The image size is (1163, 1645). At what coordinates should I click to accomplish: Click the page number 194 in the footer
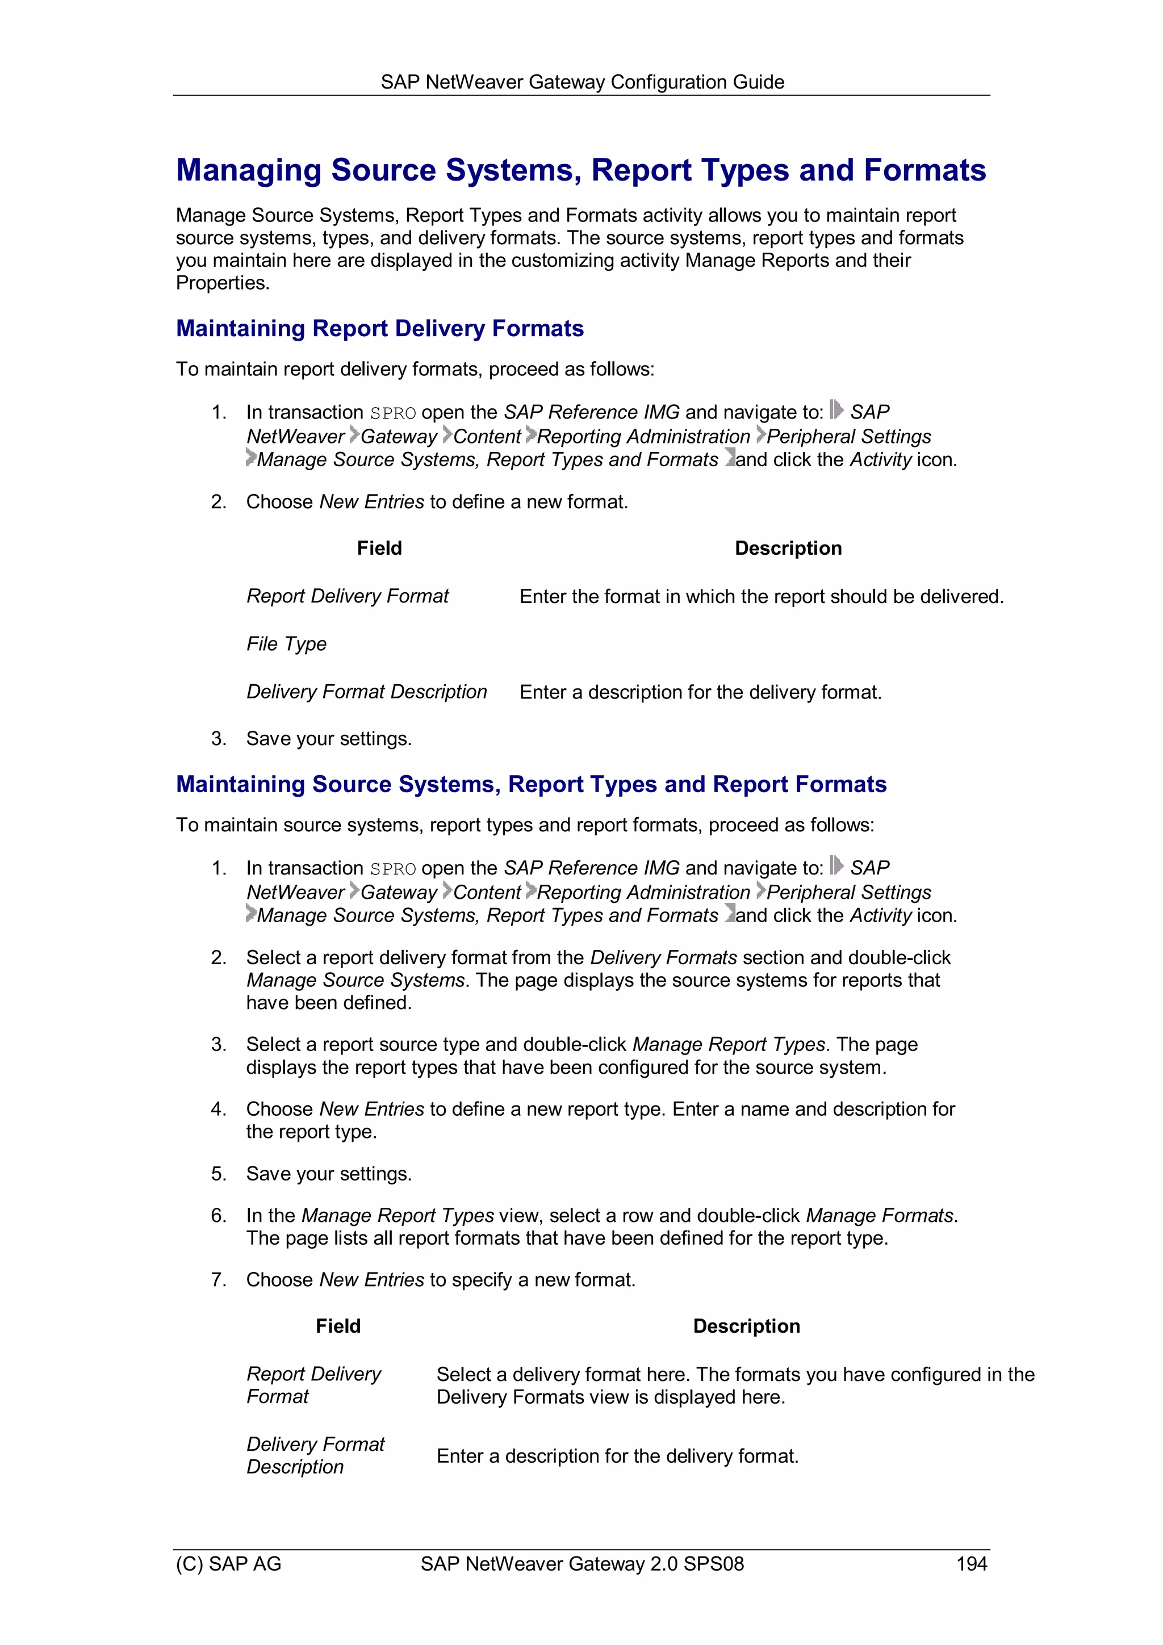(971, 1563)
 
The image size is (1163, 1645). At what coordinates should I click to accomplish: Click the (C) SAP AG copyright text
(229, 1563)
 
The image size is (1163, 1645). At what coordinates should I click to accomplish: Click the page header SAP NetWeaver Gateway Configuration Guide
(582, 82)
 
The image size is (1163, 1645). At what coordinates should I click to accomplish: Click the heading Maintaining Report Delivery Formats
(380, 328)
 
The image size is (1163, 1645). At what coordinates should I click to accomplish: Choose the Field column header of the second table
(338, 1326)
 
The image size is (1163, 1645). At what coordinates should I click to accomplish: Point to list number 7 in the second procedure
(219, 1280)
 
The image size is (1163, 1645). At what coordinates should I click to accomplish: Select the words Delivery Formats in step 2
(663, 957)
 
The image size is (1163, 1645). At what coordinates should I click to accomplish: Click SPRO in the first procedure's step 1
(392, 413)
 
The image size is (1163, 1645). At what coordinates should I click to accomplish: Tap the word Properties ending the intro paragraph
(222, 283)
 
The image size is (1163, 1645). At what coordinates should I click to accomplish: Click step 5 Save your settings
(328, 1174)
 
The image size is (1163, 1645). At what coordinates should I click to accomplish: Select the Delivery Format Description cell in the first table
(366, 692)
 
